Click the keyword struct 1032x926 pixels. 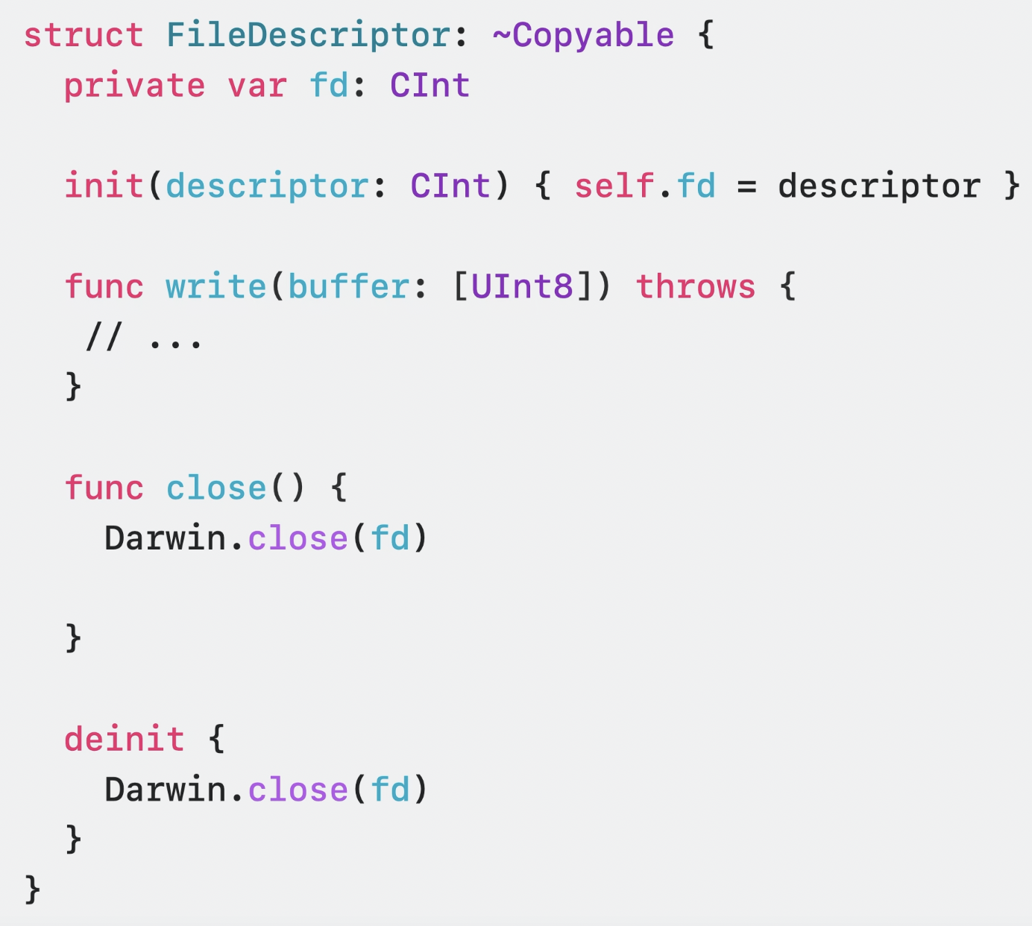point(83,36)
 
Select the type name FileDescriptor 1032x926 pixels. point(308,36)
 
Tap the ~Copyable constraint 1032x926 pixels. point(582,36)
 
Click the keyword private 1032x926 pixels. point(134,86)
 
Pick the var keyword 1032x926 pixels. point(257,86)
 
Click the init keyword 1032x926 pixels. point(104,186)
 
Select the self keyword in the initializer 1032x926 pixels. point(614,186)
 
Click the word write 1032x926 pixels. point(215,287)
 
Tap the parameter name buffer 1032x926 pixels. point(348,287)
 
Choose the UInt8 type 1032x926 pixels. point(522,287)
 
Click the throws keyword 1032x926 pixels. point(695,287)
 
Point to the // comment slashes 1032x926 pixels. point(104,337)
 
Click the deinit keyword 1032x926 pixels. point(124,740)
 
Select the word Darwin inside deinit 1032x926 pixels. point(165,790)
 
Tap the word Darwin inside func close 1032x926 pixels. point(165,538)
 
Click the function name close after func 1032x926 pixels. point(215,488)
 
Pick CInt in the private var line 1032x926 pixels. point(430,86)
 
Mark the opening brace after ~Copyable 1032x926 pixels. point(705,36)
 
